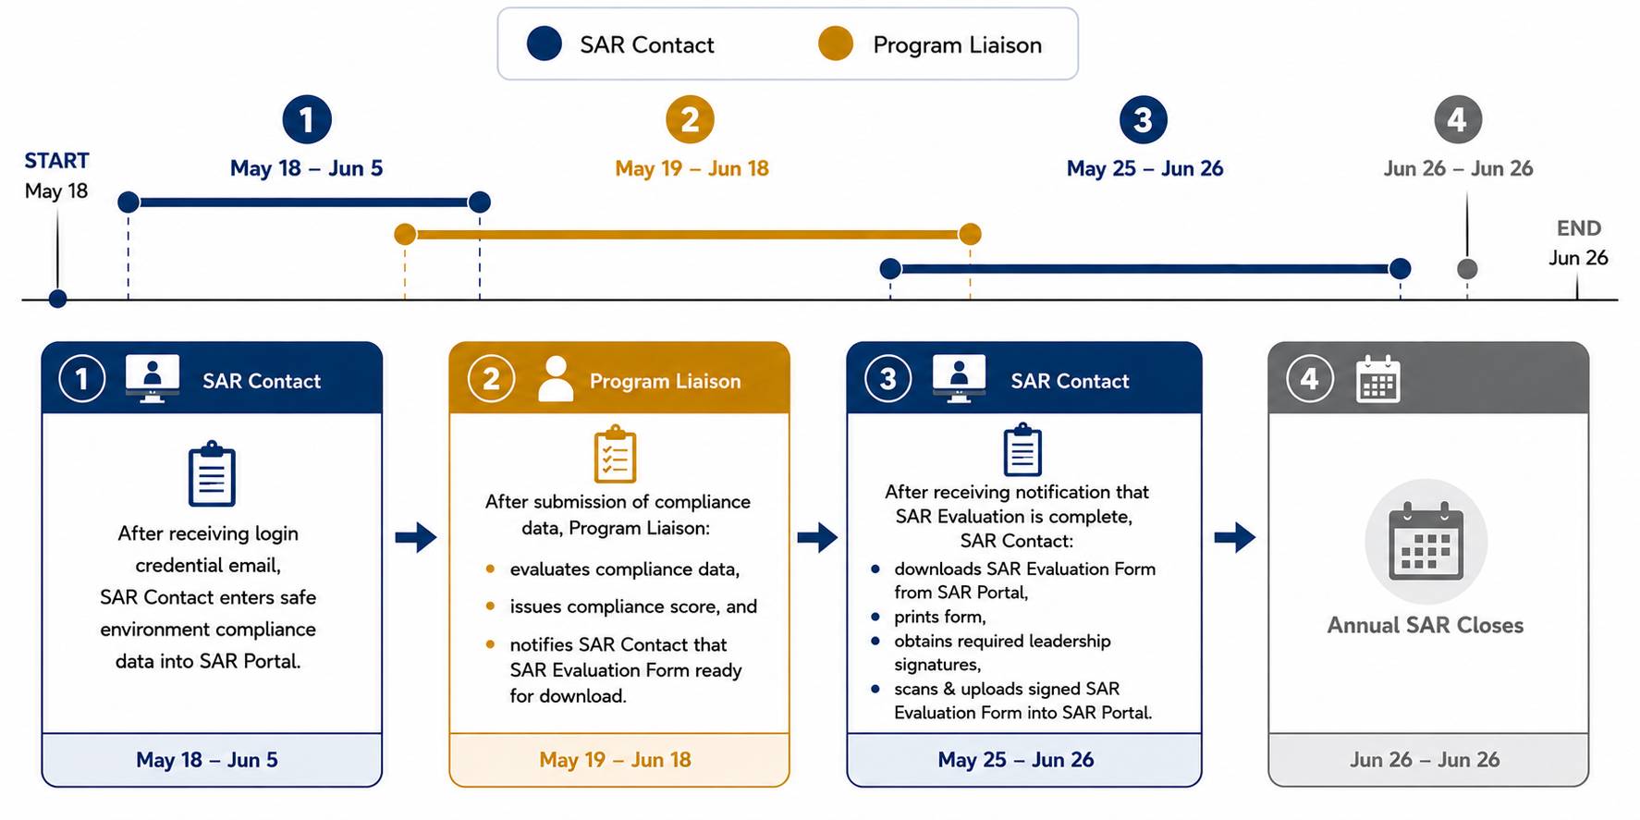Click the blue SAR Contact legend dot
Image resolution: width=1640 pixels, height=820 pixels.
[545, 43]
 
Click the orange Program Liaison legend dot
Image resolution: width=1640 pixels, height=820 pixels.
[836, 43]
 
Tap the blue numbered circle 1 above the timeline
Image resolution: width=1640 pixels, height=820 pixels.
[307, 119]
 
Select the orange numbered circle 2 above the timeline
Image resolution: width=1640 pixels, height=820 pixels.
[690, 119]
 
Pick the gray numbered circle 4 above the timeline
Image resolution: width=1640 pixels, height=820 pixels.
[1458, 119]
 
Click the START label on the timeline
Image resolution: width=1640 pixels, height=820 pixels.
[56, 161]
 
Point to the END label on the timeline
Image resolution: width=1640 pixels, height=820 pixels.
[1579, 228]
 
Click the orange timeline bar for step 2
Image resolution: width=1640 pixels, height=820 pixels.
[687, 235]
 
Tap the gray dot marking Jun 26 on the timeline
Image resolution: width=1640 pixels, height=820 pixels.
[1467, 269]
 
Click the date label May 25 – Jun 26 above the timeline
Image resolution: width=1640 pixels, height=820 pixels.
[1144, 168]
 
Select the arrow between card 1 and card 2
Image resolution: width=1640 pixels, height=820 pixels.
[416, 537]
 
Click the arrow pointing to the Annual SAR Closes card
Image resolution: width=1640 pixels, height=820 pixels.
[1235, 537]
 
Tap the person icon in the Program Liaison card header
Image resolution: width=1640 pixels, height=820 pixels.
[556, 379]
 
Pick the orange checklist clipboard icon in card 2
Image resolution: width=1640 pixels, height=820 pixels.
[615, 454]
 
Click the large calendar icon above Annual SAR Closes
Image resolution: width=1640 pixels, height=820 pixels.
[1426, 541]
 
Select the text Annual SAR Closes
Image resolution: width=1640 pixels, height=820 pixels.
[1426, 625]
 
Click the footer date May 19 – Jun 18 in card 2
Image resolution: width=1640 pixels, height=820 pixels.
[615, 760]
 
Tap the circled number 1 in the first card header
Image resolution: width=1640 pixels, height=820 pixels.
[82, 379]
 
